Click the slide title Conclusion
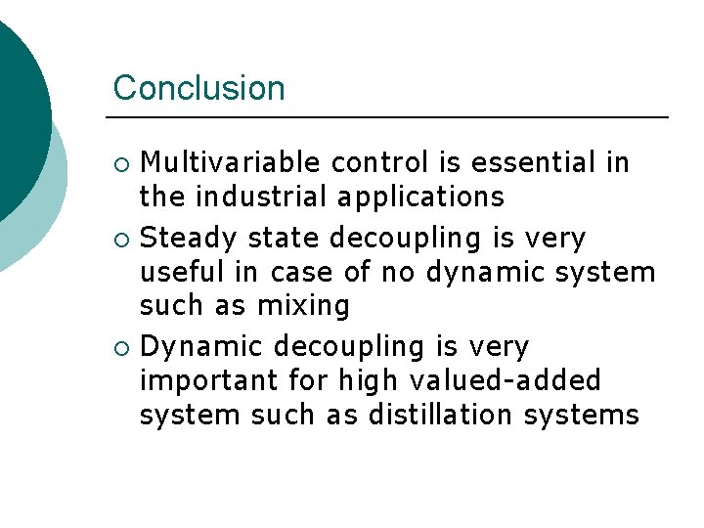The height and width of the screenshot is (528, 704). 198,88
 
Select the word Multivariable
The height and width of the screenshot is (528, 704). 232,162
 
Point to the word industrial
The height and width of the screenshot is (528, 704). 261,197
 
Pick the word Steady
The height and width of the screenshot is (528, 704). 190,239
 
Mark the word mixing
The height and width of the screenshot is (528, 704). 302,307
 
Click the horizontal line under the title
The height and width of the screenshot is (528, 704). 390,117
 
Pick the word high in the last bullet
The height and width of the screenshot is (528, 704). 358,381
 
